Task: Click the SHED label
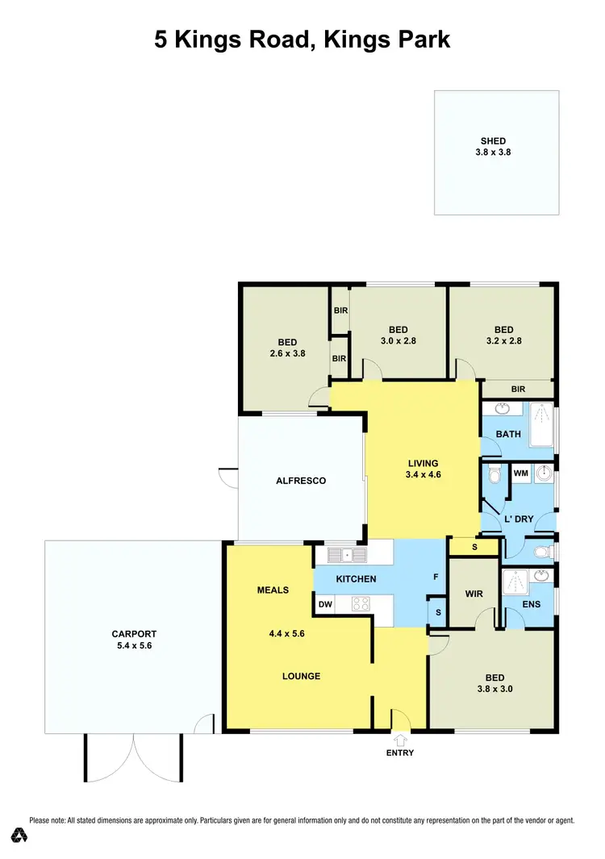(x=493, y=141)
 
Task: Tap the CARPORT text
(x=134, y=634)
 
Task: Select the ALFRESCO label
(x=301, y=481)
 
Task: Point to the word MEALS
(x=273, y=590)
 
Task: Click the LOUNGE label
(x=301, y=676)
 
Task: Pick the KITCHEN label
(x=356, y=579)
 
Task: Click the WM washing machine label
(x=520, y=473)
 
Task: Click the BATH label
(x=508, y=434)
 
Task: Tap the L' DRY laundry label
(x=518, y=519)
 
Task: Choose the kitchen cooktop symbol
(x=360, y=603)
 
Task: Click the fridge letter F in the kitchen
(x=436, y=578)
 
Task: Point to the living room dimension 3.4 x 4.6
(x=423, y=475)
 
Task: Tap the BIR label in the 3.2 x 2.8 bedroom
(x=518, y=389)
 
